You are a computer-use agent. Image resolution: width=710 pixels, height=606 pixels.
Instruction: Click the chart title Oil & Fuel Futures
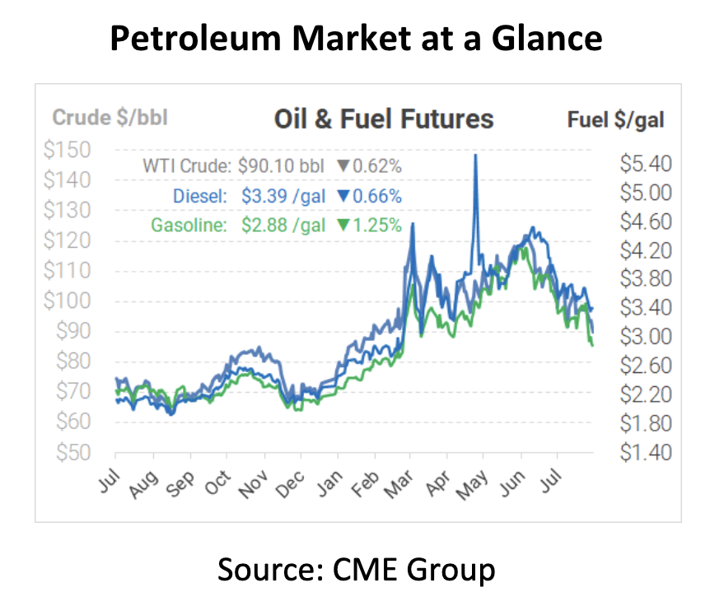(x=383, y=119)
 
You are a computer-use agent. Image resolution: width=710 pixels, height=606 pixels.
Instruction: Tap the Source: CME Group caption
(x=356, y=569)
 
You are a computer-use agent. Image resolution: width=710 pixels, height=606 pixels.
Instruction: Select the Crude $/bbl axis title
(x=110, y=118)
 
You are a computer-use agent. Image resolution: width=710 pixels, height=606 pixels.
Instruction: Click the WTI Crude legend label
(x=185, y=166)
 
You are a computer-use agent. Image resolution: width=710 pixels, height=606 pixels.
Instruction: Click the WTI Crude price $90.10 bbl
(x=282, y=166)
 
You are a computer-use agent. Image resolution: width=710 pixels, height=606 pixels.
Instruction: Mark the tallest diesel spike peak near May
(x=475, y=156)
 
